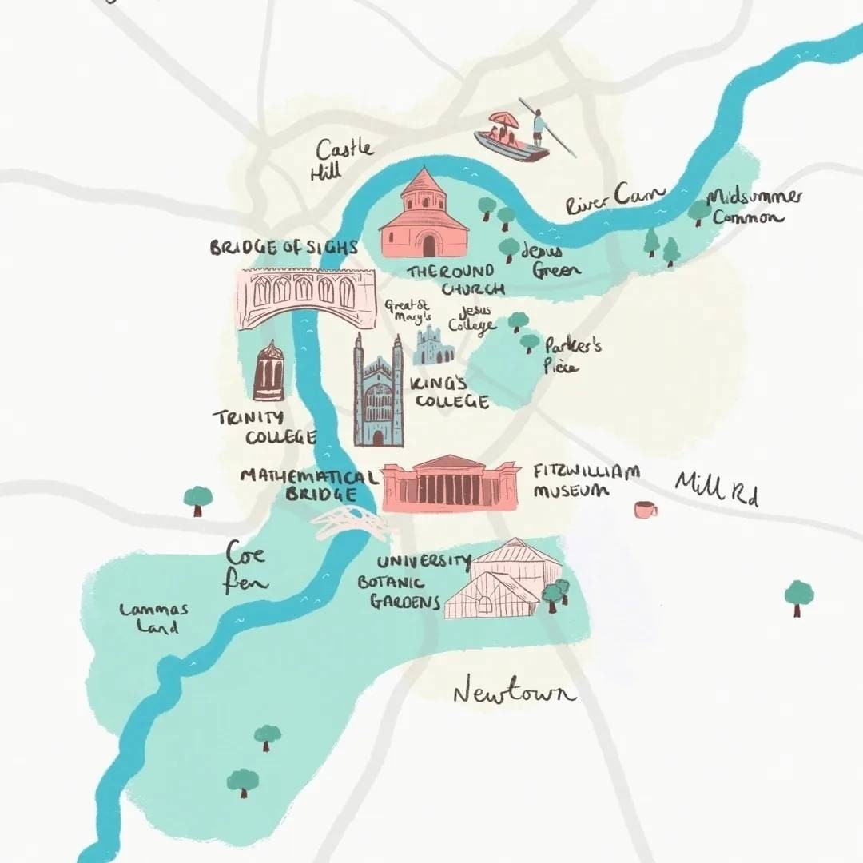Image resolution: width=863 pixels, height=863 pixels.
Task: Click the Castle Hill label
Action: (x=341, y=158)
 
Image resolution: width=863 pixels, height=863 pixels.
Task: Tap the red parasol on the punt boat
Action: (x=503, y=120)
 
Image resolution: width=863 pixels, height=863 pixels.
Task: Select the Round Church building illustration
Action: (x=423, y=216)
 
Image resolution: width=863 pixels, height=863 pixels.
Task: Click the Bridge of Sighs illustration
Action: (x=306, y=296)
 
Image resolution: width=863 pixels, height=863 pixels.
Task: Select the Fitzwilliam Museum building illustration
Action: (x=449, y=484)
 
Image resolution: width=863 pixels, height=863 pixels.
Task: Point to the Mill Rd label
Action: (x=716, y=487)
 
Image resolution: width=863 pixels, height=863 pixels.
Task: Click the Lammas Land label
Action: (x=153, y=618)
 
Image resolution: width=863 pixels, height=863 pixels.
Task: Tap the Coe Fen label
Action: (x=245, y=567)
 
